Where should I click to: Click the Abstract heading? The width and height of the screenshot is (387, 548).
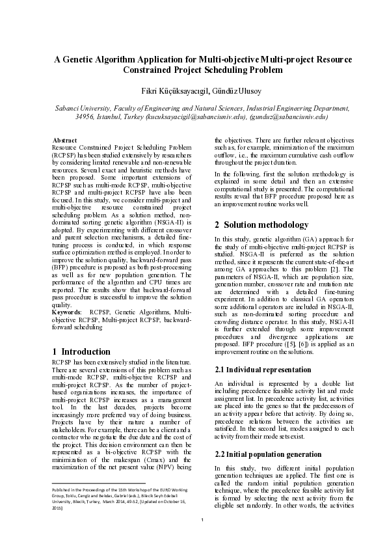[x=65, y=141]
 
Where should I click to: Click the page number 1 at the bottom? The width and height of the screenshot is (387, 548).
[x=202, y=538]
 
